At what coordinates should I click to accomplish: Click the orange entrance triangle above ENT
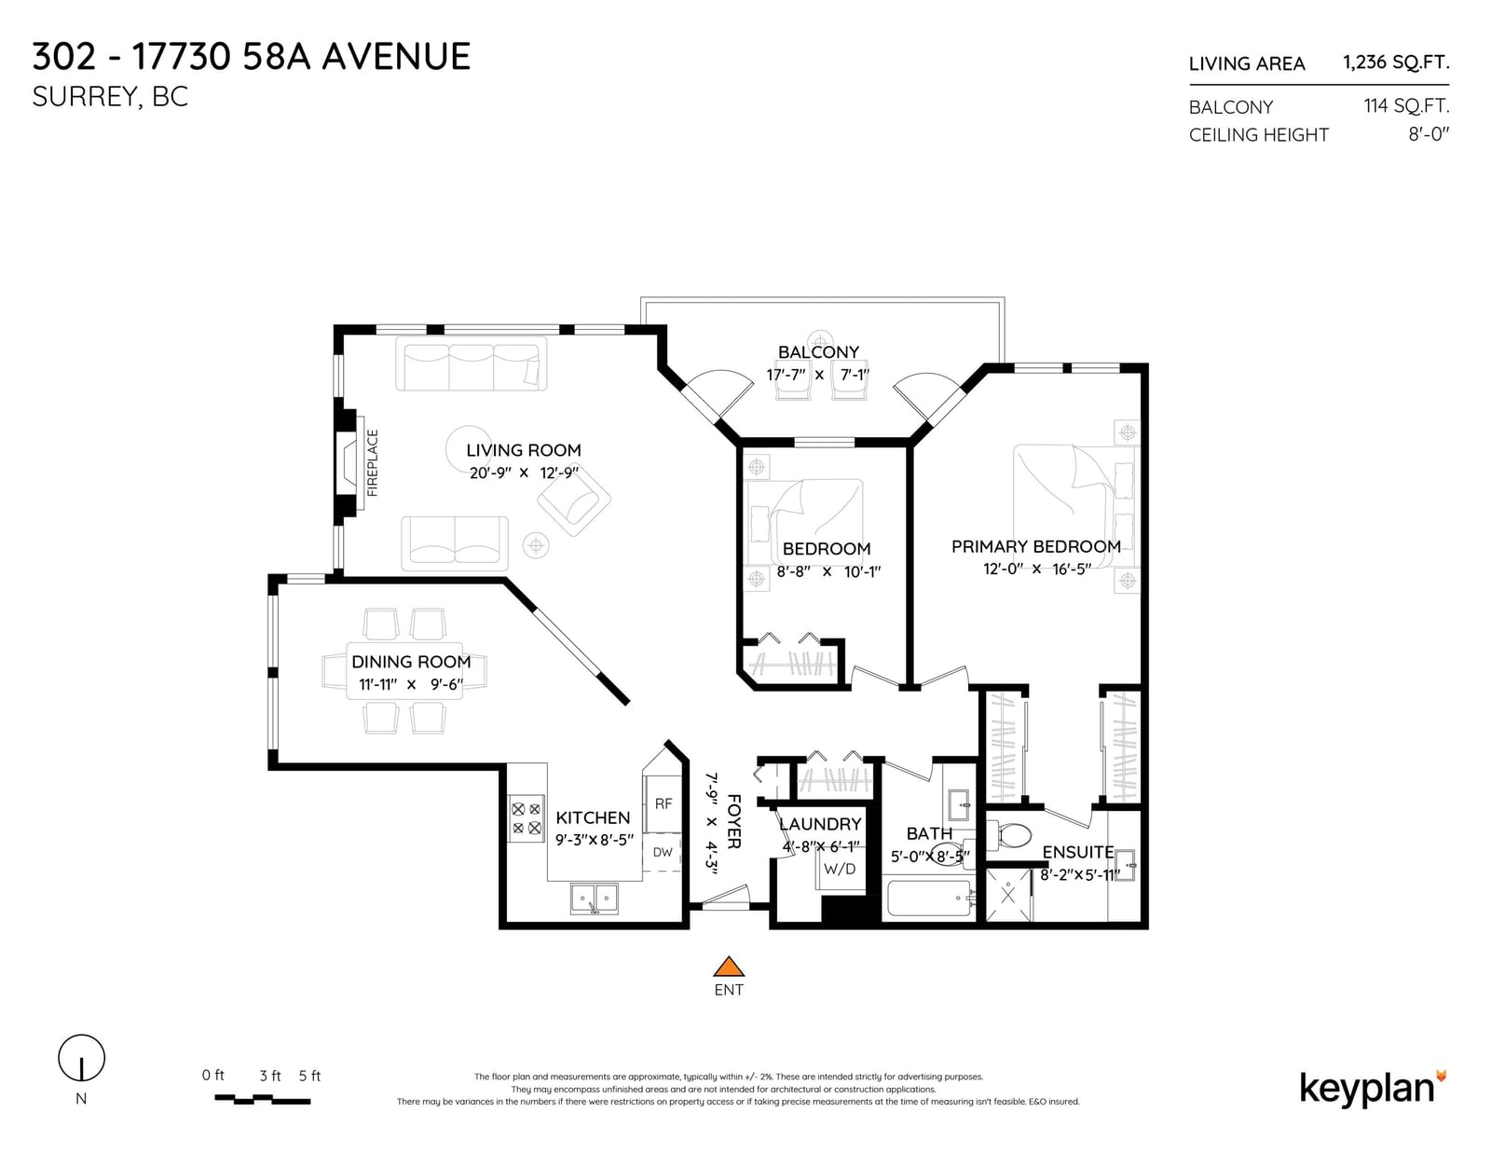tap(728, 967)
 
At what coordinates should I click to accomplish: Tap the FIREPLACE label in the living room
tap(373, 462)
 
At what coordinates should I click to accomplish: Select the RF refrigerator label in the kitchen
tap(663, 803)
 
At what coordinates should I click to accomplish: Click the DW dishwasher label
tap(663, 852)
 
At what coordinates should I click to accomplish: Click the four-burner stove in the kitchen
tap(527, 818)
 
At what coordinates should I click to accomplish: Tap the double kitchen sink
tap(595, 899)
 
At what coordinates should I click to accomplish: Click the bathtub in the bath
tap(930, 899)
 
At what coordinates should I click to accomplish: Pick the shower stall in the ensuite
tap(1008, 895)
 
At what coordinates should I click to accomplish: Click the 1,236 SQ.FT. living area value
tap(1396, 62)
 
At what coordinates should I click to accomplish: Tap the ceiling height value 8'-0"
tap(1429, 134)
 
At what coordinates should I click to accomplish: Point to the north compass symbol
tap(82, 1058)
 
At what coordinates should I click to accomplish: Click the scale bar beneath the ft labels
tap(262, 1100)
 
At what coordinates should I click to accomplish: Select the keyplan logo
tap(1373, 1090)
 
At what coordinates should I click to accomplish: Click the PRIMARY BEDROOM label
tap(1036, 546)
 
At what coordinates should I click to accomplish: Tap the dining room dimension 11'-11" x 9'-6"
tap(411, 684)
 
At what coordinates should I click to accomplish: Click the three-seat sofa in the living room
tap(472, 364)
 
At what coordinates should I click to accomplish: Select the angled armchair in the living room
tap(574, 502)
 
